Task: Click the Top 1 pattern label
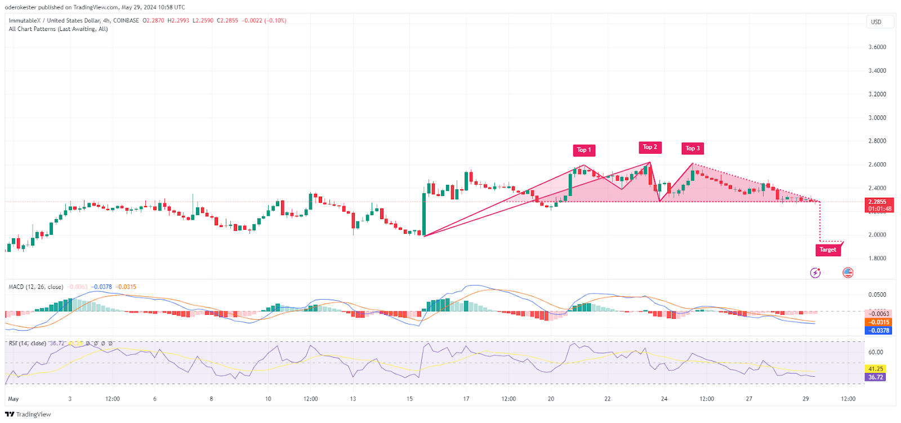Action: [x=583, y=150]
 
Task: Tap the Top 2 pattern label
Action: [x=650, y=147]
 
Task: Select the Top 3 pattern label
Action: [x=693, y=148]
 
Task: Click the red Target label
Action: [x=828, y=250]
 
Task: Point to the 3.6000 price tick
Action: [x=877, y=47]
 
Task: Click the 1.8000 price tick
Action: [x=877, y=259]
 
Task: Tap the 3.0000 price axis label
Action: [x=877, y=118]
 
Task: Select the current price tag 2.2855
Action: [x=877, y=202]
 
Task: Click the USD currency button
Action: [x=876, y=22]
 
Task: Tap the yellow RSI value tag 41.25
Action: [x=875, y=369]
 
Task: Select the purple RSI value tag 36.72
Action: [x=875, y=377]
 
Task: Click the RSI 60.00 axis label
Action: [x=876, y=352]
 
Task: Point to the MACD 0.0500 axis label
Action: [x=877, y=295]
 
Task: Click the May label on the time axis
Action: [x=14, y=399]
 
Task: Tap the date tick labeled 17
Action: [x=466, y=399]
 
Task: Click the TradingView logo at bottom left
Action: [x=28, y=415]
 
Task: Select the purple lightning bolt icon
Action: [x=815, y=273]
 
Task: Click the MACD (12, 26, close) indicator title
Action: [x=36, y=287]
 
